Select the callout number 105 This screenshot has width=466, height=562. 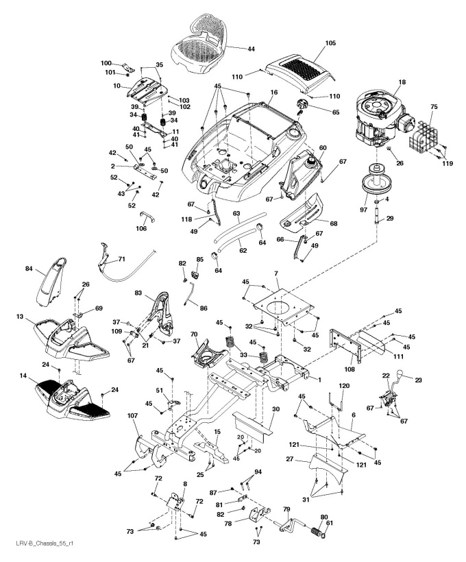[331, 42]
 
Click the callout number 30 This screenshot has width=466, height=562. [275, 409]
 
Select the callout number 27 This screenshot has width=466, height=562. [289, 460]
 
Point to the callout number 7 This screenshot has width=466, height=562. [276, 274]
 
